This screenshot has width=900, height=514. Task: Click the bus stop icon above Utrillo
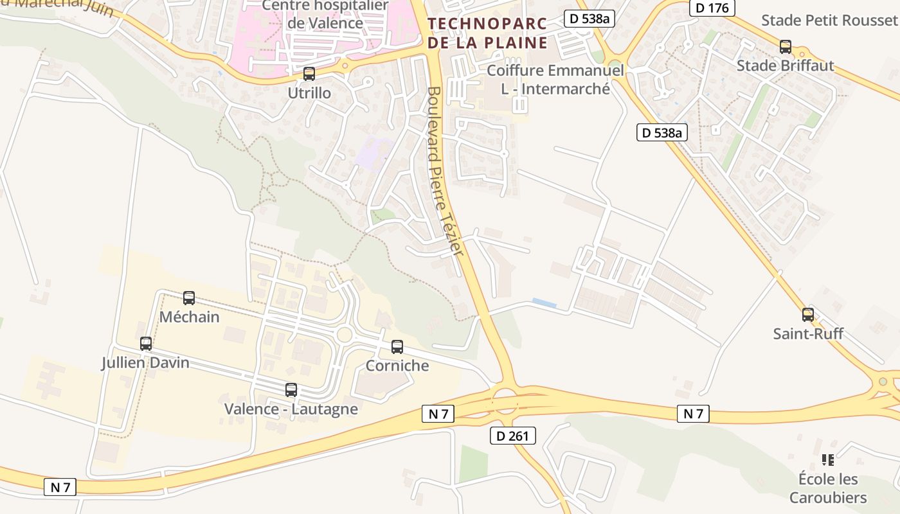tap(309, 74)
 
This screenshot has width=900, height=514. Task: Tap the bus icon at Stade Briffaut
tap(786, 47)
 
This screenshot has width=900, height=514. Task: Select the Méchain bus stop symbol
tap(189, 298)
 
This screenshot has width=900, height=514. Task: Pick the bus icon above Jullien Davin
tap(146, 344)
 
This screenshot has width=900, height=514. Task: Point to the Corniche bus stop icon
tap(397, 347)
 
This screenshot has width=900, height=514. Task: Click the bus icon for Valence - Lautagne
tap(291, 390)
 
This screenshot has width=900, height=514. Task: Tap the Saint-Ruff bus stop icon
tap(808, 315)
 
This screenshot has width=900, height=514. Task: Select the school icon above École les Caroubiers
tap(828, 460)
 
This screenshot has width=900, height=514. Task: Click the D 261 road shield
tap(512, 436)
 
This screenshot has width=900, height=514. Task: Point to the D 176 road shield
tap(712, 8)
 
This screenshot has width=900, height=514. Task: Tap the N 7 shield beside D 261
tap(438, 414)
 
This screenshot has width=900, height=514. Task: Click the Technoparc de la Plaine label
tap(488, 33)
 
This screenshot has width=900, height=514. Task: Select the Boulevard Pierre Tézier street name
tap(444, 170)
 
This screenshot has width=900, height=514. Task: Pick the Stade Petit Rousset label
tap(829, 20)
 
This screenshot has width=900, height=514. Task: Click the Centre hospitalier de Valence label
tap(325, 14)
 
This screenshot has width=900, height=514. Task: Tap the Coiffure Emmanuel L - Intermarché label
tap(555, 79)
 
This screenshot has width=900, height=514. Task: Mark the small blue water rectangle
tap(544, 302)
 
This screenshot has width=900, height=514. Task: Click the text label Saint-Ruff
tap(808, 333)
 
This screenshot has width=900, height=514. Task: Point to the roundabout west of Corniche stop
tap(345, 334)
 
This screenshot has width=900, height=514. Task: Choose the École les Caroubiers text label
tap(828, 488)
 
